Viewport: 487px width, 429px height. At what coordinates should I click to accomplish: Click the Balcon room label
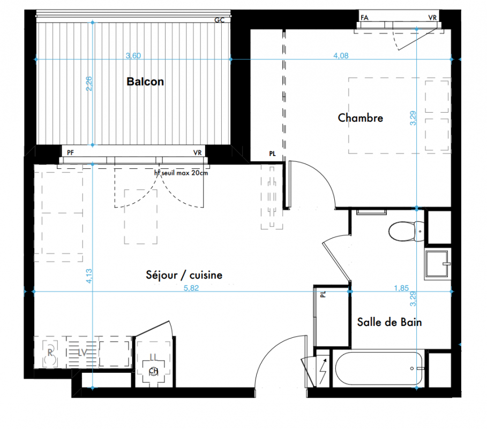point(145,82)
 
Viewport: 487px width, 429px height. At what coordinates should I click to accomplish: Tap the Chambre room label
point(360,118)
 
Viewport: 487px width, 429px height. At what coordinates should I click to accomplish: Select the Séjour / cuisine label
point(184,275)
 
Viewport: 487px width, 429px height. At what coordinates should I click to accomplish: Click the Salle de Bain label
point(389,322)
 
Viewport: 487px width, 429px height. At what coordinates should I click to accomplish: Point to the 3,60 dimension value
point(133,56)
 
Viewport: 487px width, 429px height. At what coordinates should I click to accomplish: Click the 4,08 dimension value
point(341,56)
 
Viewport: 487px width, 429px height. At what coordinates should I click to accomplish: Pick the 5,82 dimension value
point(191,288)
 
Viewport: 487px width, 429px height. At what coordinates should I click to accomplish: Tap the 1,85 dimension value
point(401,288)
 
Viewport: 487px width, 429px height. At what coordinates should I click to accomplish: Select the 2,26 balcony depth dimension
point(89,83)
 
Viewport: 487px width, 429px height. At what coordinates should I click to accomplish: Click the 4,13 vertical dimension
point(89,276)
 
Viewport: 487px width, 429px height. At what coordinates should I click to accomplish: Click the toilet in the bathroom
point(406,231)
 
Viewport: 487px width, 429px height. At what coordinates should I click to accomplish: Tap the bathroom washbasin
point(438,264)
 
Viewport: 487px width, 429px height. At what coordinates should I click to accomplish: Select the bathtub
point(379,368)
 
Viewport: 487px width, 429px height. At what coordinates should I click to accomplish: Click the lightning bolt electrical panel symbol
point(323,371)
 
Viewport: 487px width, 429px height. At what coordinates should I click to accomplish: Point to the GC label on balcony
point(219,20)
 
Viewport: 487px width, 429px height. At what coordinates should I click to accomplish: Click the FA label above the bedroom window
point(364,18)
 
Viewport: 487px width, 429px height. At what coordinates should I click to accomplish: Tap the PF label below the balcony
point(71,153)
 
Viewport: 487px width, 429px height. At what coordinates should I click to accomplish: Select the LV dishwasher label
point(82,352)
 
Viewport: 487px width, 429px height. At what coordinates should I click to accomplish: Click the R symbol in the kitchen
point(50,352)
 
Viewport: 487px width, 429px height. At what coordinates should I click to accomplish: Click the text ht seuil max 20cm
point(181,173)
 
